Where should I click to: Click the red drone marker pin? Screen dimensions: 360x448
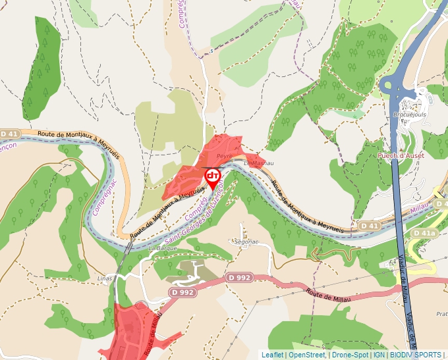tap(213, 177)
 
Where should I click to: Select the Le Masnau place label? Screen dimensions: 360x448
tap(258, 163)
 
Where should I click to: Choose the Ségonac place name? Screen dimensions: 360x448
tap(246, 242)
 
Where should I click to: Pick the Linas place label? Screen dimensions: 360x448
tap(103, 278)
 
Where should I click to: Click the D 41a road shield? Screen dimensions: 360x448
tap(424, 233)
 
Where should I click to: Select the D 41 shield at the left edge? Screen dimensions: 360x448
tap(8, 134)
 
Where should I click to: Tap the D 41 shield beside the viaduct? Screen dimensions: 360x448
tap(370, 226)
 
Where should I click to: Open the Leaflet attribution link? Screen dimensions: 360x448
tap(272, 355)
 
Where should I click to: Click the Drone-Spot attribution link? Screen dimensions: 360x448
tap(350, 355)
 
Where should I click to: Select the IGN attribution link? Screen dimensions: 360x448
tap(379, 355)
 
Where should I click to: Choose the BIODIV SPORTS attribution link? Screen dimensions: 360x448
tap(415, 355)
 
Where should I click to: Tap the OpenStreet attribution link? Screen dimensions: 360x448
tap(308, 355)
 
